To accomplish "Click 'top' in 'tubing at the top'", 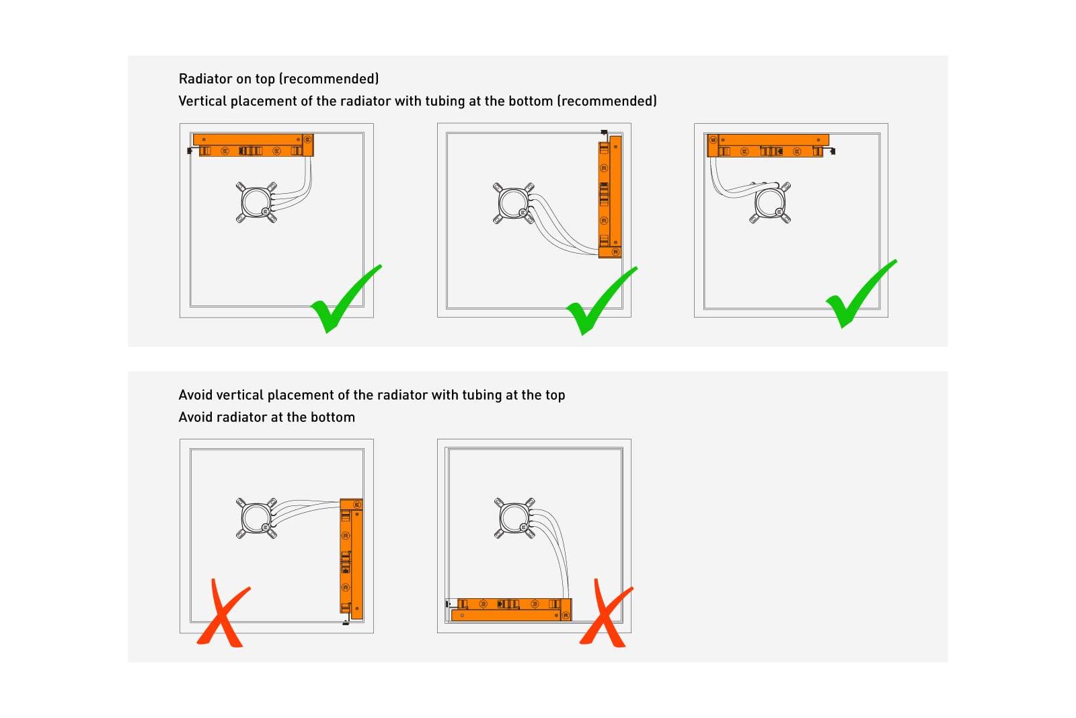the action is tap(555, 396).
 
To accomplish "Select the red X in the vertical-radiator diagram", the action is tap(223, 614).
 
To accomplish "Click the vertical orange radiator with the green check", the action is tap(609, 196).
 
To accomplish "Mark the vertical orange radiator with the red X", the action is tap(351, 559).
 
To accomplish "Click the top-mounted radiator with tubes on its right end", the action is tap(253, 145).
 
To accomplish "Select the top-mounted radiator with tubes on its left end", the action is tap(767, 145).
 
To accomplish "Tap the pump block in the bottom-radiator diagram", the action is tap(514, 518).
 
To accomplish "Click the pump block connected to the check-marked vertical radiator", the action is tap(514, 203).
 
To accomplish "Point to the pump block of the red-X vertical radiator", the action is tap(256, 518).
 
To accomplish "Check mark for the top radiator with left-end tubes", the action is tap(861, 294).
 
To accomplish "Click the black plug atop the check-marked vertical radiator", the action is tap(605, 132).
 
